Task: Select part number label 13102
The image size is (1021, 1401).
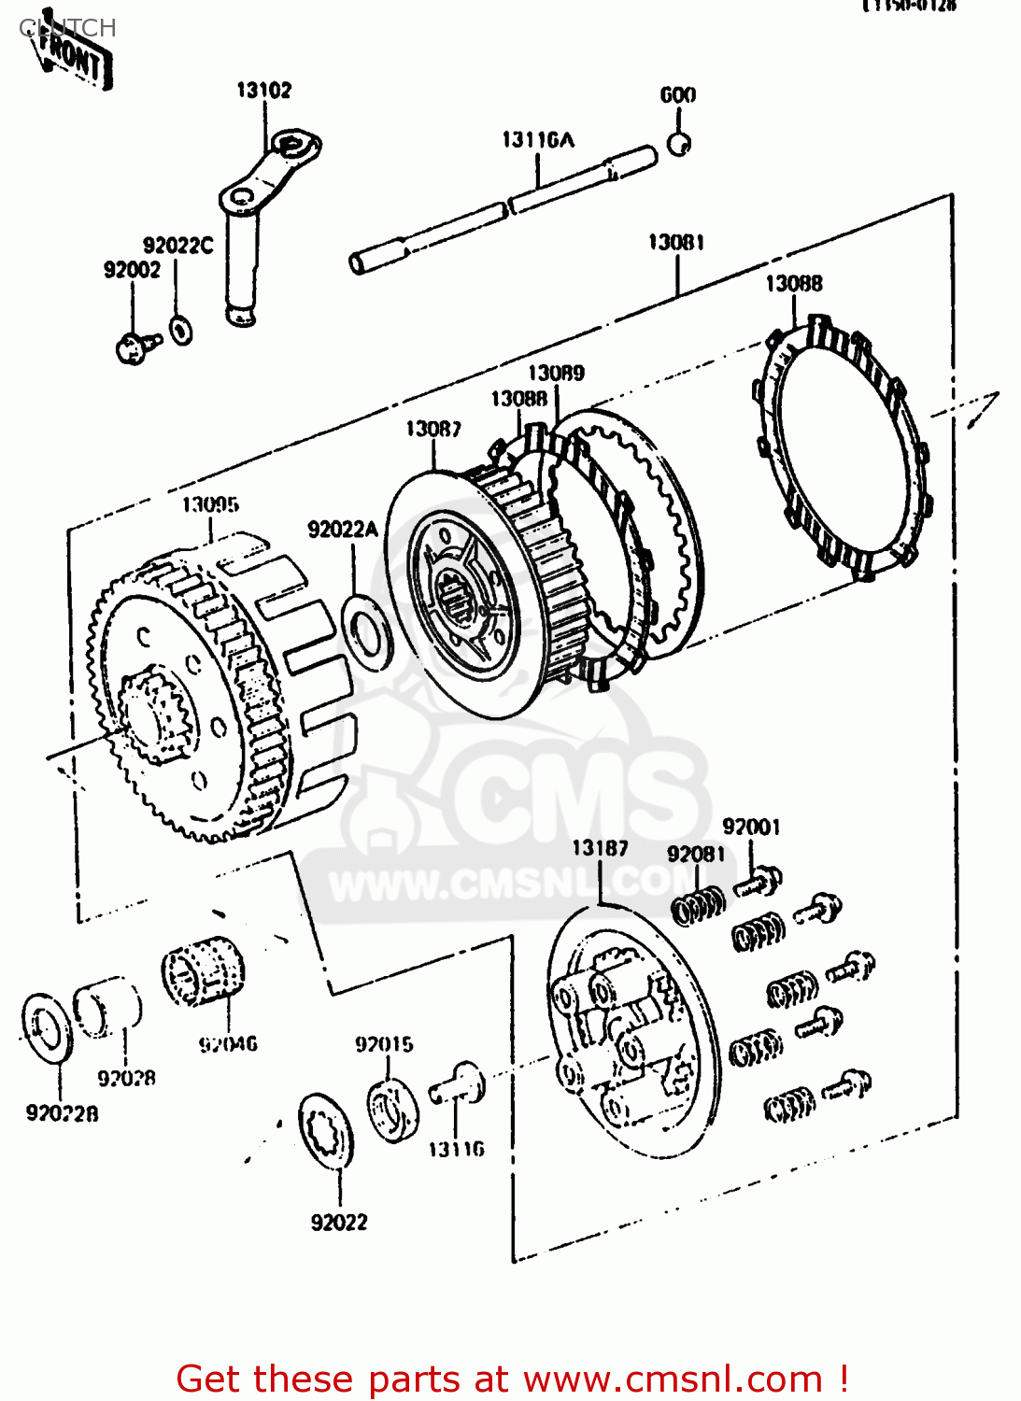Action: pyautogui.click(x=263, y=91)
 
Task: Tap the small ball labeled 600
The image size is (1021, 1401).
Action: pyautogui.click(x=679, y=145)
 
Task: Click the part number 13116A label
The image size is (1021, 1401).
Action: pyautogui.click(x=538, y=140)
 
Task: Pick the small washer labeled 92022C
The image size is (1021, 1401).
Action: pyautogui.click(x=180, y=330)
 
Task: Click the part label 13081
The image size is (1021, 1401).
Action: pyautogui.click(x=676, y=243)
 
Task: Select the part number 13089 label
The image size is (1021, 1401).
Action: pyautogui.click(x=557, y=374)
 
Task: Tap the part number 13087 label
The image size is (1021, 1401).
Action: pyautogui.click(x=433, y=429)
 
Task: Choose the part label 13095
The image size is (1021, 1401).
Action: pyautogui.click(x=210, y=505)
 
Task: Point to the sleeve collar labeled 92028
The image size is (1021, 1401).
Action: pyautogui.click(x=107, y=1008)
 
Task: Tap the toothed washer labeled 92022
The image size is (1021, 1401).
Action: pyautogui.click(x=326, y=1130)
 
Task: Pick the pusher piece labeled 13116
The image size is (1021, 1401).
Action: pyautogui.click(x=458, y=1086)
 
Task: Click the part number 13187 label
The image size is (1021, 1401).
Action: pyautogui.click(x=600, y=848)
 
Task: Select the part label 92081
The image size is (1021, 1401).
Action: pyautogui.click(x=696, y=855)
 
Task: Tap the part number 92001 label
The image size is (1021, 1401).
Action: pyautogui.click(x=751, y=828)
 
